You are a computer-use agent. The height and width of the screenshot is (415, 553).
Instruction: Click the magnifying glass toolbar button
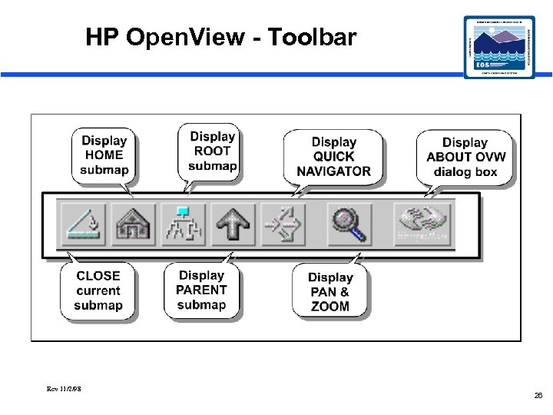(349, 224)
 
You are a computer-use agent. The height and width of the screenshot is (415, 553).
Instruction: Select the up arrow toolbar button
(232, 224)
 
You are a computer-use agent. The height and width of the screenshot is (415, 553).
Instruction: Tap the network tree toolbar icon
(182, 224)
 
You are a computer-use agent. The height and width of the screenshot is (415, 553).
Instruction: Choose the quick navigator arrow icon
(283, 224)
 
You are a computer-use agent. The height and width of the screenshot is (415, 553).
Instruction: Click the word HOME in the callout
(104, 154)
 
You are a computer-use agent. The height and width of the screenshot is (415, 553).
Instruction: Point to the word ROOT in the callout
(213, 151)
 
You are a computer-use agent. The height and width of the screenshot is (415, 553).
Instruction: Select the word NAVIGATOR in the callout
(333, 171)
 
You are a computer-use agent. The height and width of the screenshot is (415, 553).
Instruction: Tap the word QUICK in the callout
(333, 157)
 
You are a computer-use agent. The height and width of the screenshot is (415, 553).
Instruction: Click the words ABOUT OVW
(465, 158)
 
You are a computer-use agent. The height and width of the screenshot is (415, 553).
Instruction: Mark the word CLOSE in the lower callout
(98, 275)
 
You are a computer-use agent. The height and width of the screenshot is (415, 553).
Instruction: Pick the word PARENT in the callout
(201, 290)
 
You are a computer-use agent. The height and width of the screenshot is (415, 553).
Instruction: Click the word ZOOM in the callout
(330, 307)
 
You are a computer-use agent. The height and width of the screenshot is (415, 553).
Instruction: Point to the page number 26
(538, 395)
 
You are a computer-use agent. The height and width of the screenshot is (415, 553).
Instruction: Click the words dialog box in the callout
(465, 172)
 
